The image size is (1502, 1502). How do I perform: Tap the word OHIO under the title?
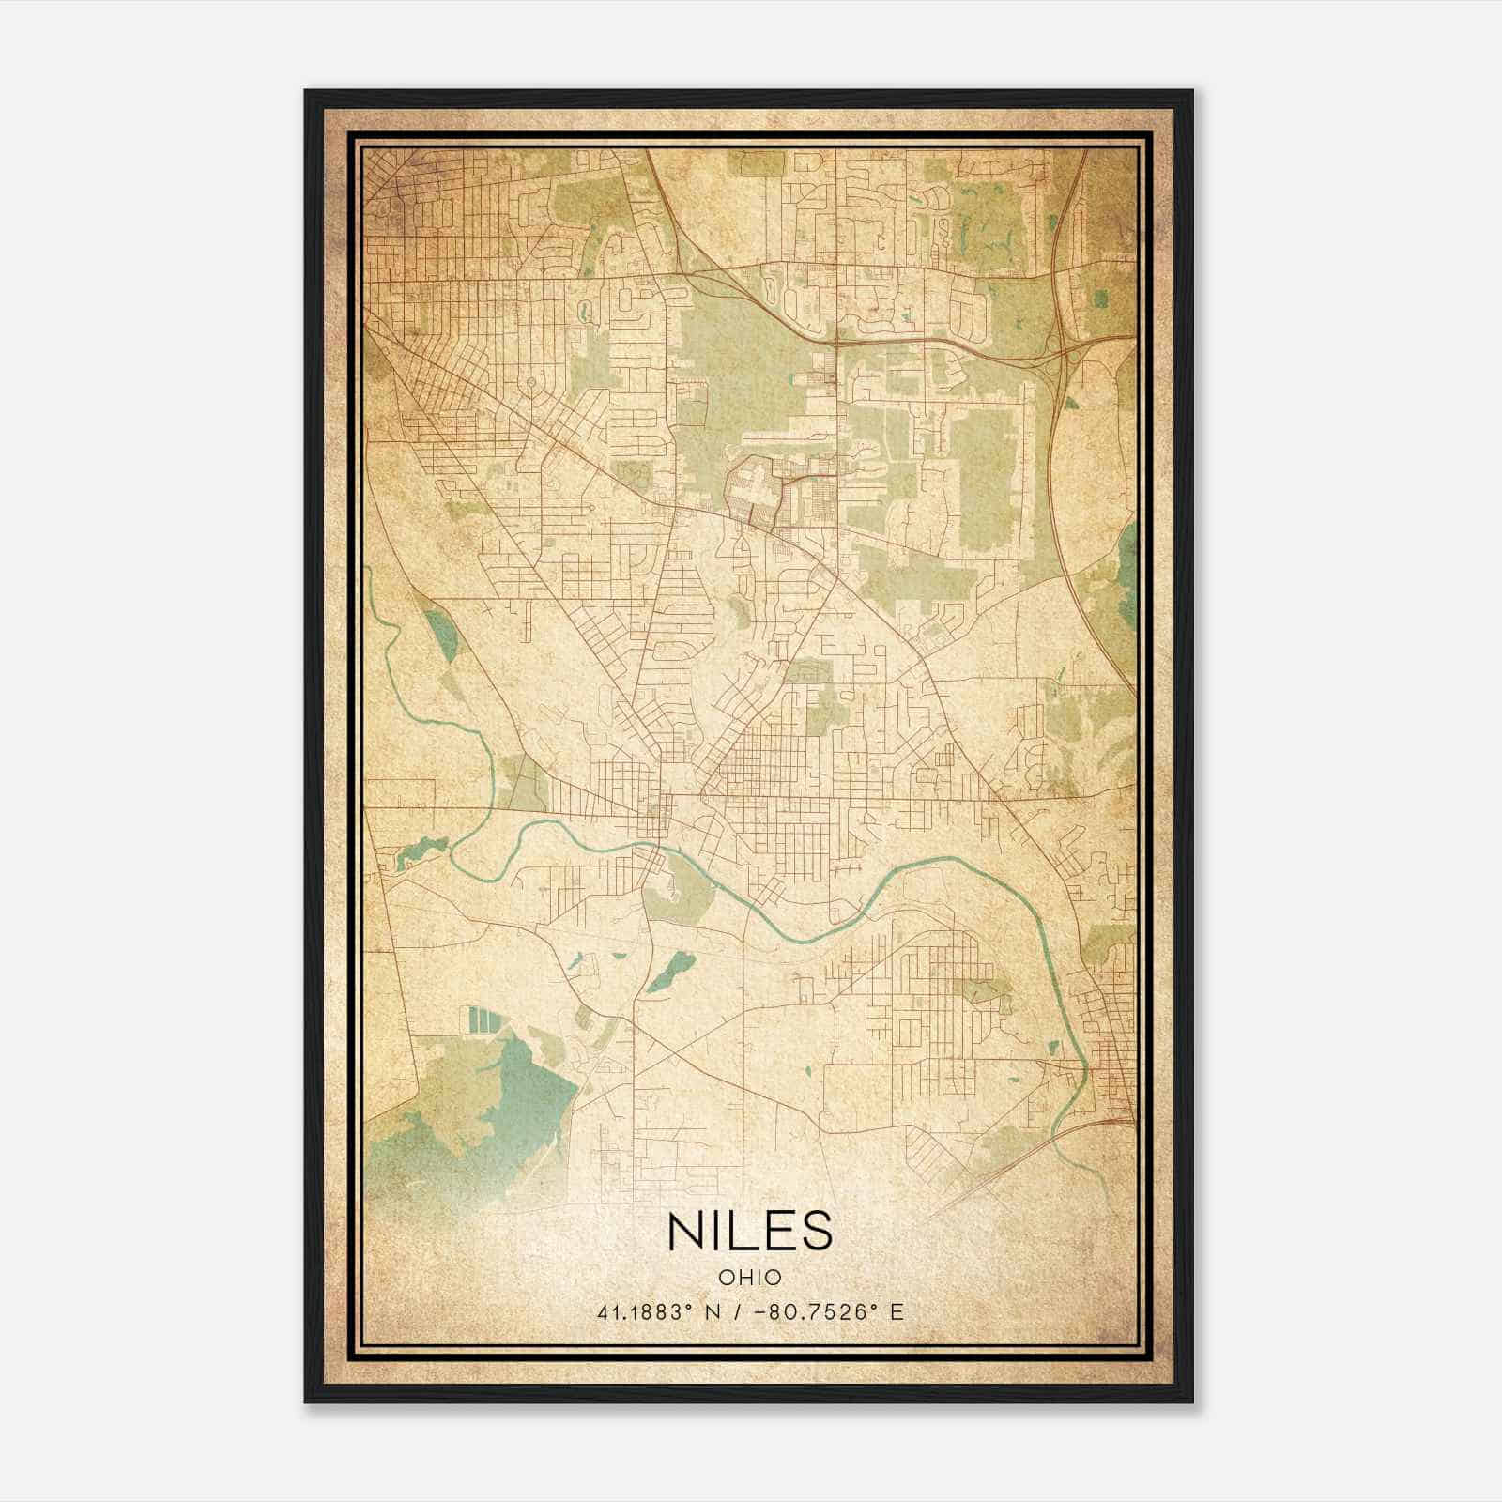point(750,1278)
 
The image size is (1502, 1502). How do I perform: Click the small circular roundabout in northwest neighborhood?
point(531,382)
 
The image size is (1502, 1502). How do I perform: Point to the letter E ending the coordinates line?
point(897,1312)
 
